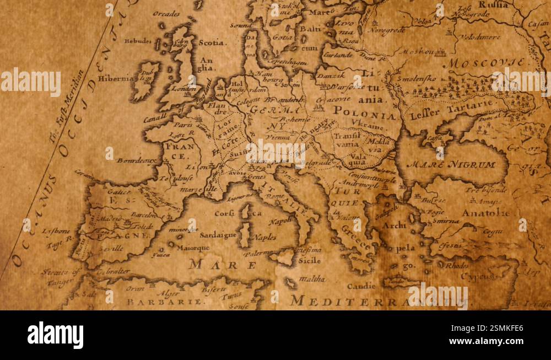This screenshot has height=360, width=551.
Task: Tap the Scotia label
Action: click(212, 42)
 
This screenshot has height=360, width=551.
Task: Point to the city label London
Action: click(183, 88)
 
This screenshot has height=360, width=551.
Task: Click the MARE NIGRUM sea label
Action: click(451, 164)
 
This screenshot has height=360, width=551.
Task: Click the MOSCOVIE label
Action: click(485, 62)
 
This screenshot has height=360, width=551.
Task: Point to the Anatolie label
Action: click(485, 213)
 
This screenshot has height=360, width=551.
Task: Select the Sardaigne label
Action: click(218, 235)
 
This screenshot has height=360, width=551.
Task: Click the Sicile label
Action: click(310, 260)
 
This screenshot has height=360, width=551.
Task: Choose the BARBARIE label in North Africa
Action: click(166, 302)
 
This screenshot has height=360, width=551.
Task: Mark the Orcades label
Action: click(167, 14)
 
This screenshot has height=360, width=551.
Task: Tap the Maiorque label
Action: click(193, 248)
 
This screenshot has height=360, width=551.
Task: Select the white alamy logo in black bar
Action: click(56, 335)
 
